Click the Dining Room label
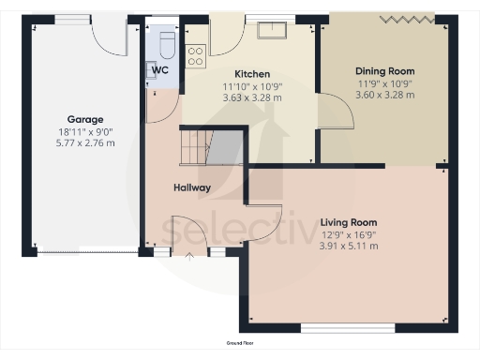point(384,71)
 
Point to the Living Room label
point(348,222)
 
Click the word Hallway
point(191,187)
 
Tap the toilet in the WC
point(166,44)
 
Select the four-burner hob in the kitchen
point(196,55)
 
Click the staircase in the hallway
point(208,147)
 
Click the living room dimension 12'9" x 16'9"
point(348,234)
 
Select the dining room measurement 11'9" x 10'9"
point(384,83)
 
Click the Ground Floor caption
point(239,344)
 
